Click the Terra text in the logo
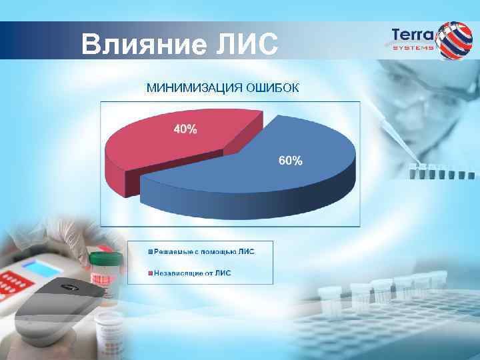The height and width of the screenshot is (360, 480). [x=412, y=34]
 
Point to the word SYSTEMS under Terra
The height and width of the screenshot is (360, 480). [x=412, y=48]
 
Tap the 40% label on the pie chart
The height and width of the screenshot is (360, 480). [x=185, y=130]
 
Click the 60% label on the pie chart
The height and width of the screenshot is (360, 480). [x=290, y=161]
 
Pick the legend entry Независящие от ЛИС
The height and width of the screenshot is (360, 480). [x=193, y=272]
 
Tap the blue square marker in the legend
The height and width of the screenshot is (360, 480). [x=151, y=251]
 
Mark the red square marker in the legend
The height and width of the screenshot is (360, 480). [x=151, y=272]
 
